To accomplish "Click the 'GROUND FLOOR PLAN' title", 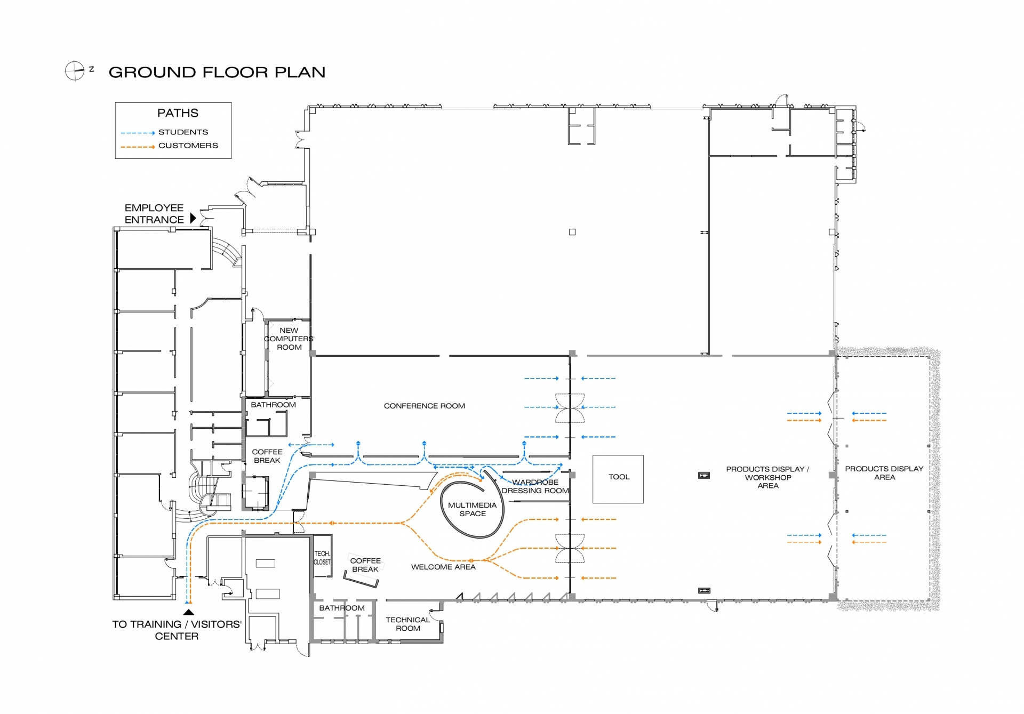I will [217, 73].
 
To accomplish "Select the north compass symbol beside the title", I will [75, 70].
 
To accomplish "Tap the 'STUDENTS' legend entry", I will [183, 132].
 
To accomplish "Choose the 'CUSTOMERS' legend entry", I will [188, 146].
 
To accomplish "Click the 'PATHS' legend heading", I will [178, 113].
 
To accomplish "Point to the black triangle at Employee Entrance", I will [193, 218].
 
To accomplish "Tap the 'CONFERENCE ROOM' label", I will [424, 406].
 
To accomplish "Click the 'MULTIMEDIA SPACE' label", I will [472, 509].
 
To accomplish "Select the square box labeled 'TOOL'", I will [618, 479].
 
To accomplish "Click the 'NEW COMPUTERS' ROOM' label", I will [289, 339].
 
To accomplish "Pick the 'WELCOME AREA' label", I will [443, 567].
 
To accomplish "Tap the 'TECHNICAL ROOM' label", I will [407, 624].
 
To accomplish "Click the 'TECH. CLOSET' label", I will [322, 558].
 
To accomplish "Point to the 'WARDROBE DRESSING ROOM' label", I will [535, 486].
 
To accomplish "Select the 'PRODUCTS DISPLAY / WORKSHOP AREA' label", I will [767, 477].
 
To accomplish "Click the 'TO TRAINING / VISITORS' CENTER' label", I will [177, 630].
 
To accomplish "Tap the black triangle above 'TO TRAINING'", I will [188, 612].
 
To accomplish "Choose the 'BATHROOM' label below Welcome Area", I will [342, 608].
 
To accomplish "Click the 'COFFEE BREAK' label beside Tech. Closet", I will [365, 565].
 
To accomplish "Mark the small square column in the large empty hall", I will [572, 232].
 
